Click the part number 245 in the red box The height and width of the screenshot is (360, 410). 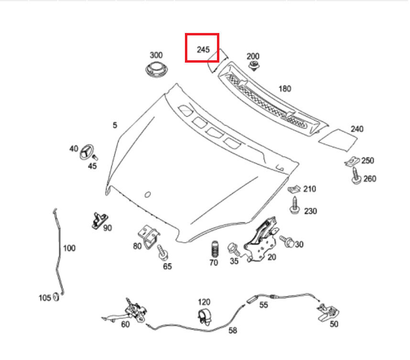[x=203, y=49]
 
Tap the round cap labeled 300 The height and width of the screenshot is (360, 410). [x=156, y=69]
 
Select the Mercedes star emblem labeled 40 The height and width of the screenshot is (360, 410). [x=87, y=152]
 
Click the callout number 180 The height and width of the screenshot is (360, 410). [x=285, y=89]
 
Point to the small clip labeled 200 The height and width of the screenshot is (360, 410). [x=253, y=65]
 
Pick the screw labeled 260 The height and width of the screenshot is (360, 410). [x=356, y=176]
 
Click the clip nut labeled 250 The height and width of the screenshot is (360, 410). [x=352, y=161]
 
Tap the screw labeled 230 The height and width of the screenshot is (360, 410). [x=295, y=206]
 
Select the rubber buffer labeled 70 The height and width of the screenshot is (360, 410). [x=215, y=249]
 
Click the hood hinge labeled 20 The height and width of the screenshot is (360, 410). [x=261, y=240]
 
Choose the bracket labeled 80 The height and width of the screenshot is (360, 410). [x=149, y=237]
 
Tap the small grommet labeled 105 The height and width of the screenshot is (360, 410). [x=56, y=297]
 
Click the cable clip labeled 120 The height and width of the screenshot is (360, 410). [x=204, y=317]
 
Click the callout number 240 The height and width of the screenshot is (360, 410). [x=357, y=129]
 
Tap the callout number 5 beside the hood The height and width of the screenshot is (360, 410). [x=115, y=125]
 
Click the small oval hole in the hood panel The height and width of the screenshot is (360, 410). [x=148, y=195]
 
